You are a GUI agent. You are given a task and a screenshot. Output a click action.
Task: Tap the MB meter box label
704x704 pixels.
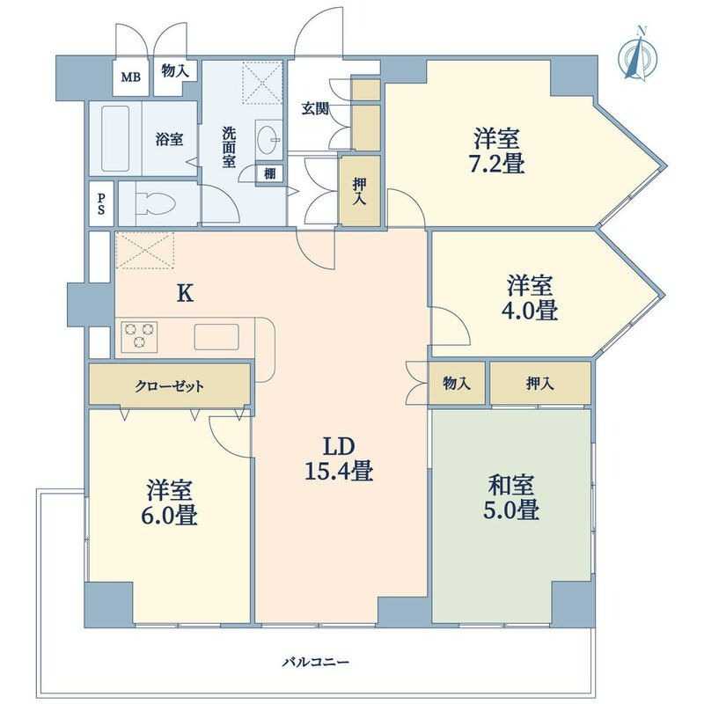[x=130, y=77]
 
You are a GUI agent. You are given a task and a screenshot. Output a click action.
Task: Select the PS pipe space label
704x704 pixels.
[x=101, y=203]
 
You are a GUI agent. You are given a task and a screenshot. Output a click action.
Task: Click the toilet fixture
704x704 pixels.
[x=156, y=203]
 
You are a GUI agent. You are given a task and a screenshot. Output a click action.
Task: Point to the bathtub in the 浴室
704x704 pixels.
[x=115, y=138]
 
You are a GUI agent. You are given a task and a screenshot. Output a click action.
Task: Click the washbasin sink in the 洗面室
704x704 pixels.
[x=269, y=140]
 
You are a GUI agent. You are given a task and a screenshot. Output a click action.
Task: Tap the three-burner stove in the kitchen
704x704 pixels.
[x=139, y=336]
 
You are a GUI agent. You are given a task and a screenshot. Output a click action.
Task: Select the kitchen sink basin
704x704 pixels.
[x=216, y=337]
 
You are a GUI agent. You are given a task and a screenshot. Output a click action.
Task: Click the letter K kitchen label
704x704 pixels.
[x=185, y=294]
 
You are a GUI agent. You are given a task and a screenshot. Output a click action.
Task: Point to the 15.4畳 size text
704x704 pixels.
[x=339, y=472]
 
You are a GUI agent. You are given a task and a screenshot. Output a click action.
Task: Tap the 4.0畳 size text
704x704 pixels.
[x=530, y=310]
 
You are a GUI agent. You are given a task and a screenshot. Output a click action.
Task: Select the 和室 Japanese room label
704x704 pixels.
[x=511, y=485]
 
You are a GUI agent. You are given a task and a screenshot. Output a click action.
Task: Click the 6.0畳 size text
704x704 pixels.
[x=168, y=515]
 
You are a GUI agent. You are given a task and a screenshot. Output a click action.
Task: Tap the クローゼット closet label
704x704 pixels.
[x=170, y=385]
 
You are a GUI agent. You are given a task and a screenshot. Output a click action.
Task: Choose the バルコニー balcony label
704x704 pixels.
[x=316, y=662]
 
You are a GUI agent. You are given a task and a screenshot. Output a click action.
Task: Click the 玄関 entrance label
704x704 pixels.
[x=315, y=108]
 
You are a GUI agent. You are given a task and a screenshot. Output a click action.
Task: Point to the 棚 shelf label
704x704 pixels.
[x=270, y=172]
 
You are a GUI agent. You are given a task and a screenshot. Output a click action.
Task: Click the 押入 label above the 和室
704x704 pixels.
[x=540, y=383]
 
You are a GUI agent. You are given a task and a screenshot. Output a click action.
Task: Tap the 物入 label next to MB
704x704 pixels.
[x=175, y=70]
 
